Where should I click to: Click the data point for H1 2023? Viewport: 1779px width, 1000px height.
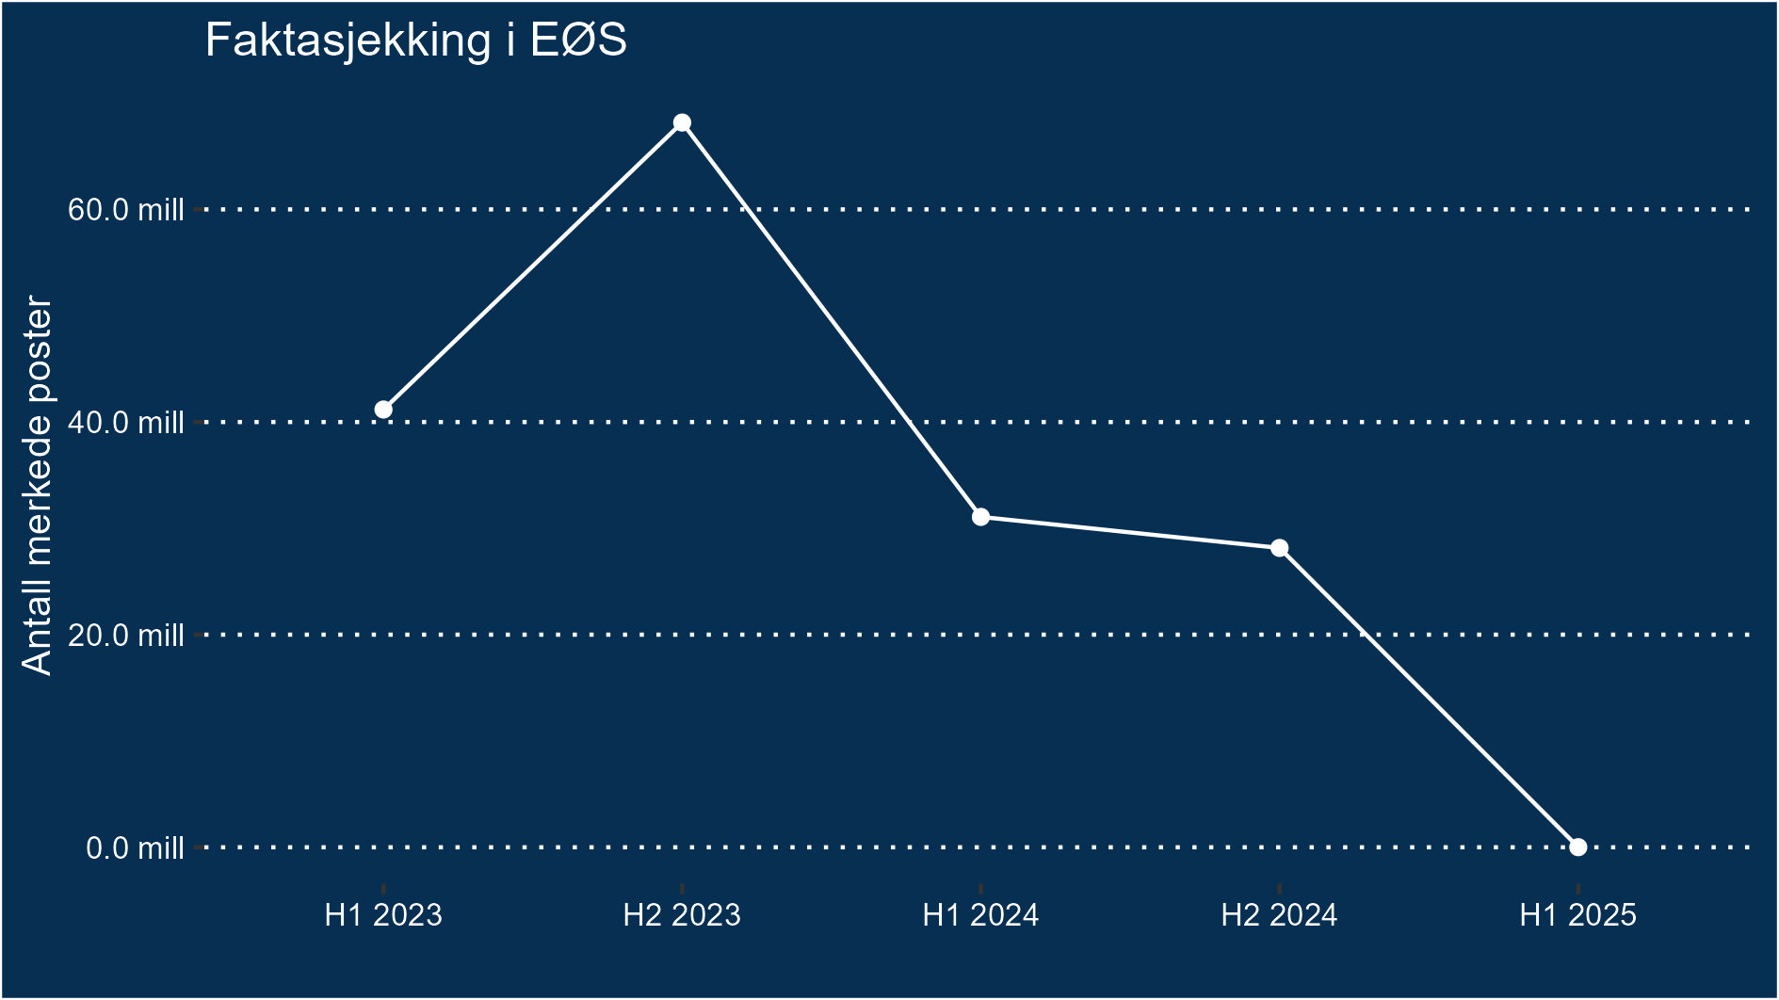point(383,410)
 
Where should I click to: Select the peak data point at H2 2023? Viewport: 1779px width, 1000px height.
point(682,123)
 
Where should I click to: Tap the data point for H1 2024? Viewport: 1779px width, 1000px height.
point(980,517)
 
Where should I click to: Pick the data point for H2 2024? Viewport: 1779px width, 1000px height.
point(1279,548)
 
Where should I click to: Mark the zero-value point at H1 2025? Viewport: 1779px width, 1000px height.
point(1577,847)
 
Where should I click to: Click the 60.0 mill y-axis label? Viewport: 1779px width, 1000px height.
point(125,209)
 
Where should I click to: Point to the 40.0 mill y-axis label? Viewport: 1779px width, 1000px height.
point(125,422)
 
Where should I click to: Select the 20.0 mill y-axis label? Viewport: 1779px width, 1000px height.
point(125,635)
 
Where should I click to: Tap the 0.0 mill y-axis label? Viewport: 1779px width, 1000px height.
point(135,848)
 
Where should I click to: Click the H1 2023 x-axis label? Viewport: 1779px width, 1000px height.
point(383,915)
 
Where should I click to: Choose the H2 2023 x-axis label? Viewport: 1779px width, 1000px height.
point(682,915)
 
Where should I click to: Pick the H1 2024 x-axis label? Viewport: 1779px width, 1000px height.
point(980,915)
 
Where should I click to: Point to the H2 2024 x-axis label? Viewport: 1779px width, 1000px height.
point(1279,915)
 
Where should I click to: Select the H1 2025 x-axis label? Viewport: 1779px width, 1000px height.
point(1577,915)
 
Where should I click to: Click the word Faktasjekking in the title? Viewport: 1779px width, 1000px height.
point(348,41)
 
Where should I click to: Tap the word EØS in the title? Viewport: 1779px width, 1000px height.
point(578,41)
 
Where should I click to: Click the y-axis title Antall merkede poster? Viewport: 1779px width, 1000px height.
point(38,485)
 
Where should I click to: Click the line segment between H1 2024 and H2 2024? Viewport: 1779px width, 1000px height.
point(1130,533)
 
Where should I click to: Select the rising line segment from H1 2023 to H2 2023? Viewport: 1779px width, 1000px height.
point(532,266)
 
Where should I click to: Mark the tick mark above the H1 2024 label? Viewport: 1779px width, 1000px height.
point(980,888)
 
